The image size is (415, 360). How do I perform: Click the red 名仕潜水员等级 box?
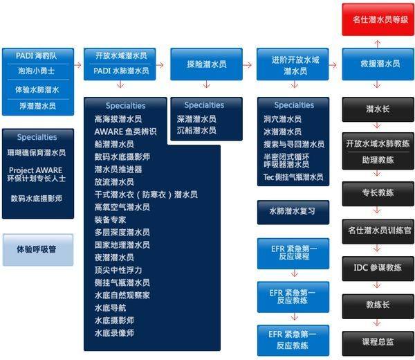378,19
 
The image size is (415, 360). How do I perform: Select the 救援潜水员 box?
378,64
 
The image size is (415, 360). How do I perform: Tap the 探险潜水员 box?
206,64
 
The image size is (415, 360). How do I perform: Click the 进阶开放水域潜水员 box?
293,64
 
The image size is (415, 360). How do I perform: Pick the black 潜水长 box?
378,109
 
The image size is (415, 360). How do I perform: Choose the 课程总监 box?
378,343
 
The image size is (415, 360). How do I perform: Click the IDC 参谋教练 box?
378,269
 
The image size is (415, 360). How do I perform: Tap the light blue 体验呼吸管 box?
38,250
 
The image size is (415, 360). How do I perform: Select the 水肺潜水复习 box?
293,212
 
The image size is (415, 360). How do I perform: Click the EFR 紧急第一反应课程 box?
293,253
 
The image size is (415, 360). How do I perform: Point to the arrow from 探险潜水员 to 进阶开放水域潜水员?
247,64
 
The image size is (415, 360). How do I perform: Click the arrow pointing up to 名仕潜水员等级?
378,44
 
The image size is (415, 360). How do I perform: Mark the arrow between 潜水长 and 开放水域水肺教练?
377,125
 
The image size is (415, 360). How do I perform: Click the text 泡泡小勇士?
37,71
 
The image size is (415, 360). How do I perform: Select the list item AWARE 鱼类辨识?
125,132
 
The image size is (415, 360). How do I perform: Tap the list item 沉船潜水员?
196,130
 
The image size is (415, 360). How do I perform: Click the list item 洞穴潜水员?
282,119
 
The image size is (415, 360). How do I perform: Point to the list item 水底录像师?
114,333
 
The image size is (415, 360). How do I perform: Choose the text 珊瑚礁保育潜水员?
37,152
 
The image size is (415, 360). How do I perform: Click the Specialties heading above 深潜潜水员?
204,105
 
